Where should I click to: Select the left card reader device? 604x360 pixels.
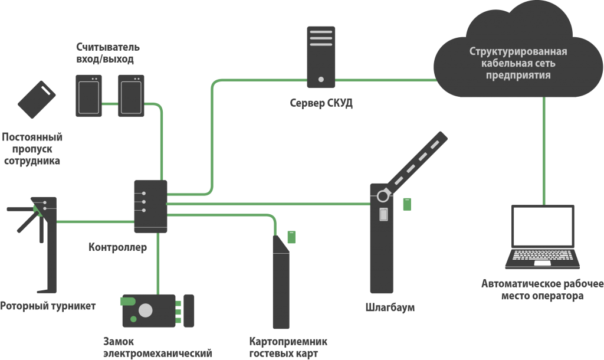(x=89, y=94)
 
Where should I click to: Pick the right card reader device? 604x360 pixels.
(x=130, y=94)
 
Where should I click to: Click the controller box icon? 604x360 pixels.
(x=150, y=206)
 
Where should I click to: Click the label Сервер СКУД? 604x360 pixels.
(x=321, y=103)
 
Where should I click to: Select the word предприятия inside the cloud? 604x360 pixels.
(x=518, y=76)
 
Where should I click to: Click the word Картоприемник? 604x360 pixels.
(x=288, y=342)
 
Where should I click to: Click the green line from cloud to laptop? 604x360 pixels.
(x=543, y=148)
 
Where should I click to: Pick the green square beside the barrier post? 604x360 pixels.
(x=407, y=204)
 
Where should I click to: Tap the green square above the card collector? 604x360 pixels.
(x=291, y=237)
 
